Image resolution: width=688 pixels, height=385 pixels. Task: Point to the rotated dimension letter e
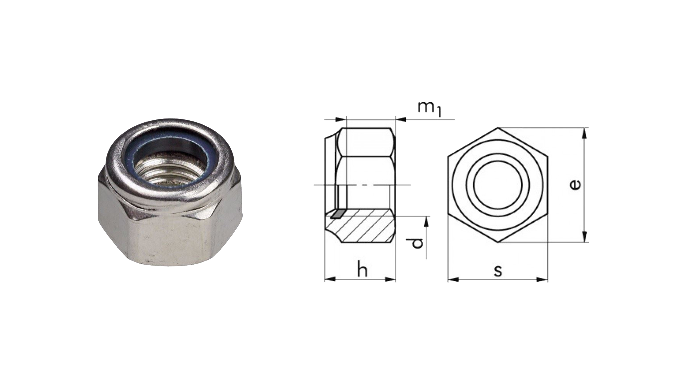point(575,185)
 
